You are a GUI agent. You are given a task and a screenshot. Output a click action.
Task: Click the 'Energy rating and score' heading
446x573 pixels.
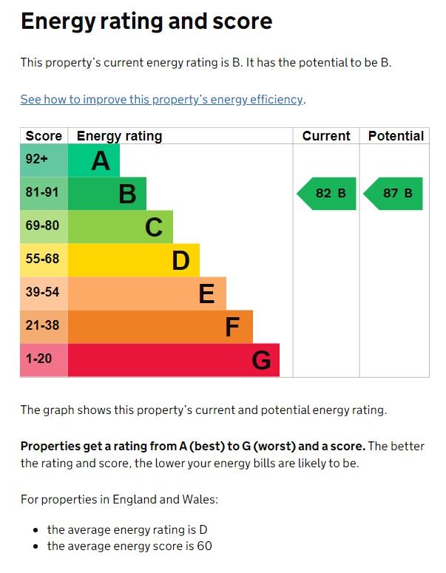pyautogui.click(x=146, y=21)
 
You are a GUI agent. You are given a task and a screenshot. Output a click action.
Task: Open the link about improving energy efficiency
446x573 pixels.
pyautogui.click(x=162, y=100)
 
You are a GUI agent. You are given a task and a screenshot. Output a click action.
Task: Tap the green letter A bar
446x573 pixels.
pyautogui.click(x=94, y=160)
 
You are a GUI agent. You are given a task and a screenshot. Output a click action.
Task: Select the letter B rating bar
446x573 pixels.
pyautogui.click(x=107, y=194)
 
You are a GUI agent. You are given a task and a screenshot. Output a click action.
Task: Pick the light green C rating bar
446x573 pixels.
pyautogui.click(x=121, y=227)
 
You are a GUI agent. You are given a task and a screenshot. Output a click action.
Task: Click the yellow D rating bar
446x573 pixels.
pyautogui.click(x=134, y=260)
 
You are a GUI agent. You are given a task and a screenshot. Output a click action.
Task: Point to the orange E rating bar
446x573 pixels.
pyautogui.click(x=147, y=294)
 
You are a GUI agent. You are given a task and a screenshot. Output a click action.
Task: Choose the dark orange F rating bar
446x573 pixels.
pyautogui.click(x=161, y=327)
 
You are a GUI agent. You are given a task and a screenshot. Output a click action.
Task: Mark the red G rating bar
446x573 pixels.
pyautogui.click(x=174, y=360)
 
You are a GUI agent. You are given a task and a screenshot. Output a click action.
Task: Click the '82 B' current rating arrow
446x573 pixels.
pyautogui.click(x=327, y=194)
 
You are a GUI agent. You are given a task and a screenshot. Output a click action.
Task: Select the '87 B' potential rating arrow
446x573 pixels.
pyautogui.click(x=393, y=194)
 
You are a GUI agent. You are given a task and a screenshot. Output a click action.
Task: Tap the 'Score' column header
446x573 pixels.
pyautogui.click(x=44, y=136)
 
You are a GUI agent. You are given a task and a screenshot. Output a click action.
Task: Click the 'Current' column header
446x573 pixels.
pyautogui.click(x=326, y=136)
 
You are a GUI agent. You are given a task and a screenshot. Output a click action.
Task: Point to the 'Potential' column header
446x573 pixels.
pyautogui.click(x=396, y=136)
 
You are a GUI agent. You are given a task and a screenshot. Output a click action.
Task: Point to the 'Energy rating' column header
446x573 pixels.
pyautogui.click(x=119, y=136)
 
